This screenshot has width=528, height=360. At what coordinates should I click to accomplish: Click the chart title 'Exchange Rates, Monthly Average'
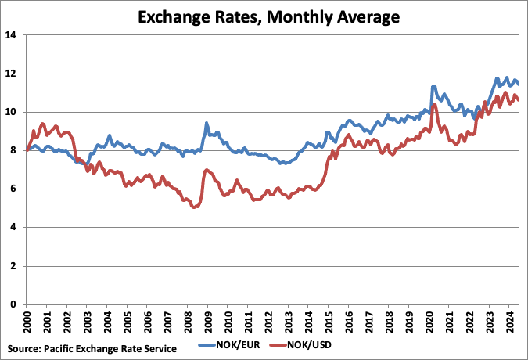pyautogui.click(x=264, y=15)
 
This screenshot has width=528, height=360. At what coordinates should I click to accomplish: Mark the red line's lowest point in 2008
pyautogui.click(x=194, y=207)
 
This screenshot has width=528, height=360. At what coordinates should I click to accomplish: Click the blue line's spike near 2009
pyautogui.click(x=207, y=123)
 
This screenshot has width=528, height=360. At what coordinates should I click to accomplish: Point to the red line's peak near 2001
pyautogui.click(x=43, y=124)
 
